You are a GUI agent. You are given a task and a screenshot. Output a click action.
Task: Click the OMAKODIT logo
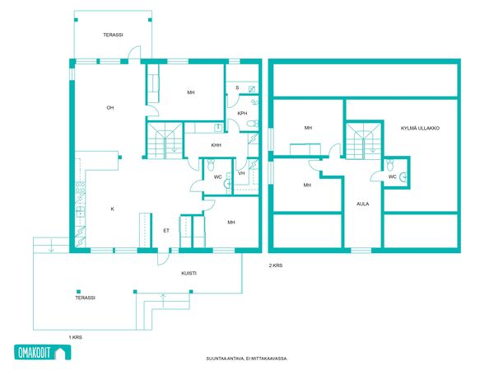tap(43, 352)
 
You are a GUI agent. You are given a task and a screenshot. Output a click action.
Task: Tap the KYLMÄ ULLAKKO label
tap(420, 128)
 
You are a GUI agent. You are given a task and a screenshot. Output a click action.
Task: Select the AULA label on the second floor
tap(362, 204)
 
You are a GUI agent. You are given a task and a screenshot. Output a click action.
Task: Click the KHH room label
tap(216, 145)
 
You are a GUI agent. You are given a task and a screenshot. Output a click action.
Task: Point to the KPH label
tap(242, 113)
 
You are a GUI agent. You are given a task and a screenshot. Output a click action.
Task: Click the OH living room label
tap(110, 108)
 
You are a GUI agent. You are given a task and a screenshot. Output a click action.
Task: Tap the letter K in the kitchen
tap(113, 209)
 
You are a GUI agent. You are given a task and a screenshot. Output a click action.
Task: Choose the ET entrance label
tap(166, 231)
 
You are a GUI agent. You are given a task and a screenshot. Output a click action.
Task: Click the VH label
tap(241, 173)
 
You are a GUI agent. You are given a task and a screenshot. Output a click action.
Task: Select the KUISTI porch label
tap(189, 273)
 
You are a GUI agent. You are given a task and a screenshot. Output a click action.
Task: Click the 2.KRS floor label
tap(276, 265)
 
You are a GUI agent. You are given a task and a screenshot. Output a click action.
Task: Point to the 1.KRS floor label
tap(75, 337)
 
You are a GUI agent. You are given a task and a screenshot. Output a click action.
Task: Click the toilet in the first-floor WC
tap(211, 164)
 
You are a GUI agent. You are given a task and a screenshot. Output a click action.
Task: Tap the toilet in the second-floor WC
tap(390, 166)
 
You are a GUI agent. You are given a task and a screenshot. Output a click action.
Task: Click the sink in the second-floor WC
tap(403, 177)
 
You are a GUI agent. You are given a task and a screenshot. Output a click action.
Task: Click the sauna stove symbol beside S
tap(252, 89)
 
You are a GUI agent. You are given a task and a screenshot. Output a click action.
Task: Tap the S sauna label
tap(237, 87)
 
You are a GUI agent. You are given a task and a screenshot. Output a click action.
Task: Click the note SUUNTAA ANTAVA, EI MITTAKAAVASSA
tap(247, 359)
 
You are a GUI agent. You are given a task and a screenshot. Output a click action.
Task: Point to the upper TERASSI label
tap(113, 35)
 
